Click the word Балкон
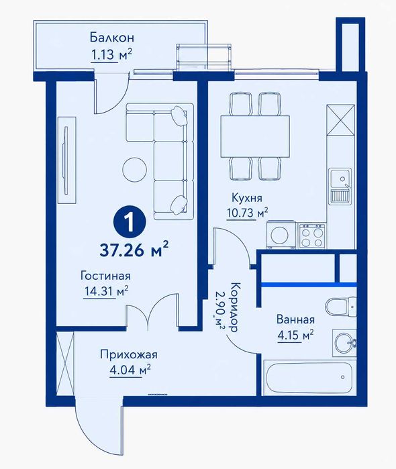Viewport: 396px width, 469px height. pos(111,38)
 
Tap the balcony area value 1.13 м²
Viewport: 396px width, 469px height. pos(111,55)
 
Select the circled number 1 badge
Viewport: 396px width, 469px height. pos(130,223)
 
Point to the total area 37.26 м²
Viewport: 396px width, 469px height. pos(134,250)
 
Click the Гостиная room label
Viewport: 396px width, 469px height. pos(105,276)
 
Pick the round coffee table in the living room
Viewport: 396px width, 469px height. pos(136,170)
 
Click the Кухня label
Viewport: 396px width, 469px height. pos(247,198)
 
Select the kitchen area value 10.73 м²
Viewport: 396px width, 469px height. pos(247,213)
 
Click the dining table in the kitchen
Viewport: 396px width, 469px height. pos(255,136)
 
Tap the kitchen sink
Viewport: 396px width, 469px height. pos(340,186)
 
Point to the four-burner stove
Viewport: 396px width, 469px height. pos(312,236)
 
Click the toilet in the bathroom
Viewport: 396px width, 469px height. pos(341,306)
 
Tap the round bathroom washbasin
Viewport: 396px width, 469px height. pos(344,343)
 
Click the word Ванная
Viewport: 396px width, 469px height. pos(295,319)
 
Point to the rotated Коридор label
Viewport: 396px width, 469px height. pos(234,307)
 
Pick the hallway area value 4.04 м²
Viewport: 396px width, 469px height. pos(130,370)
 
